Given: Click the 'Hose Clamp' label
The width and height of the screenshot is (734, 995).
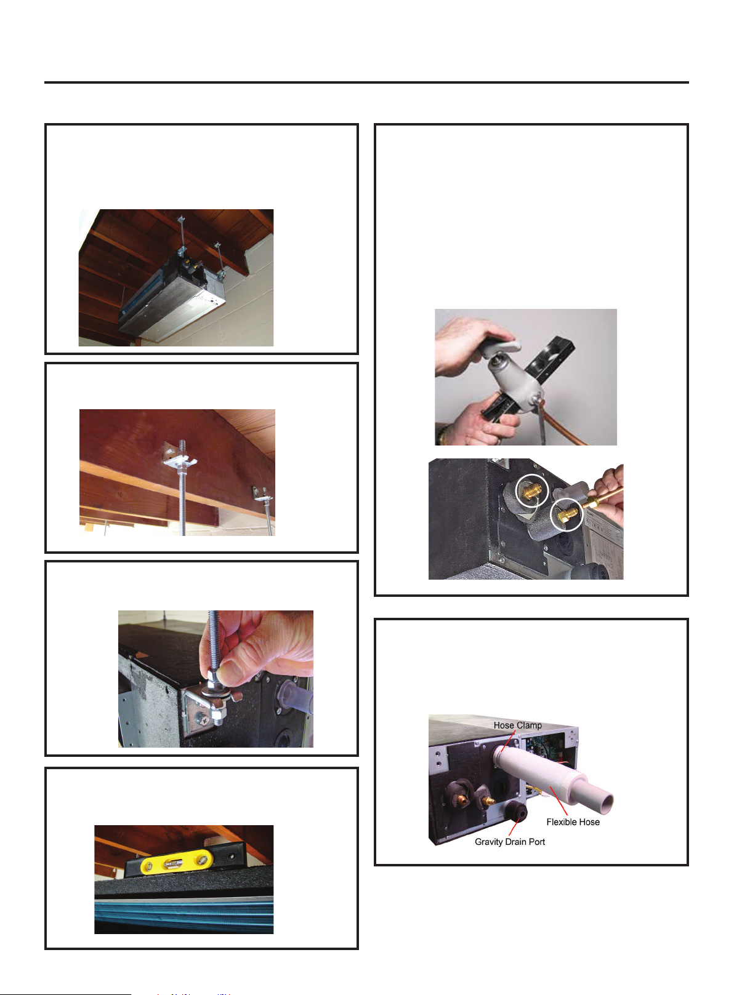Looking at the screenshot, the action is pos(517,725).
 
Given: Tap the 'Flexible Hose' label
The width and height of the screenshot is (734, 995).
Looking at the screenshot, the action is pos(573,822).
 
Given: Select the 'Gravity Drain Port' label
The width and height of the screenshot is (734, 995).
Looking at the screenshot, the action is pos(509,842).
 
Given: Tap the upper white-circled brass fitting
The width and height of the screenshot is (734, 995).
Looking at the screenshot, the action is pos(531,491).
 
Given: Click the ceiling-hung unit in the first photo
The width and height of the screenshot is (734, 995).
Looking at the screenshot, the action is pos(172,295).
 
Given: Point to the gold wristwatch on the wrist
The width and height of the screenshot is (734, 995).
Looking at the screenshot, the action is pos(444,435).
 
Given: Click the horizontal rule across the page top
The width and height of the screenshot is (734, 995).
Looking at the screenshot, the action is pos(366,82).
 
